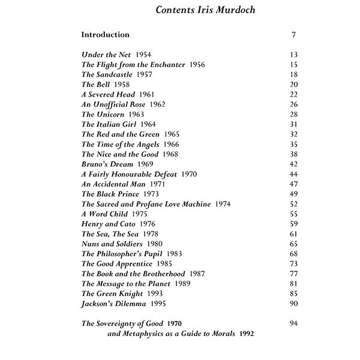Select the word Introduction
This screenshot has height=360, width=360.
pyautogui.click(x=106, y=35)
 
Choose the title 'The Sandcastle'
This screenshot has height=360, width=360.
pyautogui.click(x=108, y=74)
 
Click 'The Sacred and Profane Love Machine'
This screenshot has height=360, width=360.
pyautogui.click(x=146, y=204)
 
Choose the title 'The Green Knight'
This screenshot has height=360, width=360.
pyautogui.click(x=112, y=293)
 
